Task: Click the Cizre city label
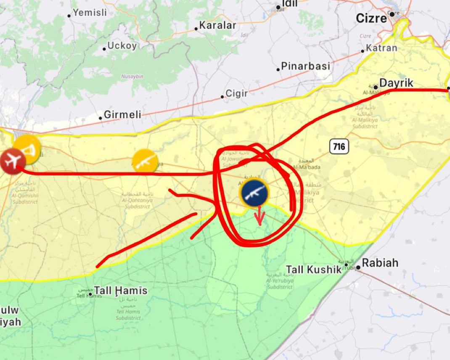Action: [371, 19]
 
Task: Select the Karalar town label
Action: [217, 26]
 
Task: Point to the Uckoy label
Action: [122, 46]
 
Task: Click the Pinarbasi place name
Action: [305, 66]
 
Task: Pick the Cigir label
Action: [237, 93]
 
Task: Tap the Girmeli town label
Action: [122, 114]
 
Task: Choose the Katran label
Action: [381, 48]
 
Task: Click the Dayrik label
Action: [396, 83]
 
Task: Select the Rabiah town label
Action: [380, 263]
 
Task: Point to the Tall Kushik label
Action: [313, 269]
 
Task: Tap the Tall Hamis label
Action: [121, 290]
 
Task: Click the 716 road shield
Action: [339, 147]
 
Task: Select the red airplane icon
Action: [13, 161]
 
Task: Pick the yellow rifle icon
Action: [145, 161]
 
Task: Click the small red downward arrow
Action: [259, 216]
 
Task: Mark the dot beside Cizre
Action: [392, 14]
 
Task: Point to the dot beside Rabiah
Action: [358, 267]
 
